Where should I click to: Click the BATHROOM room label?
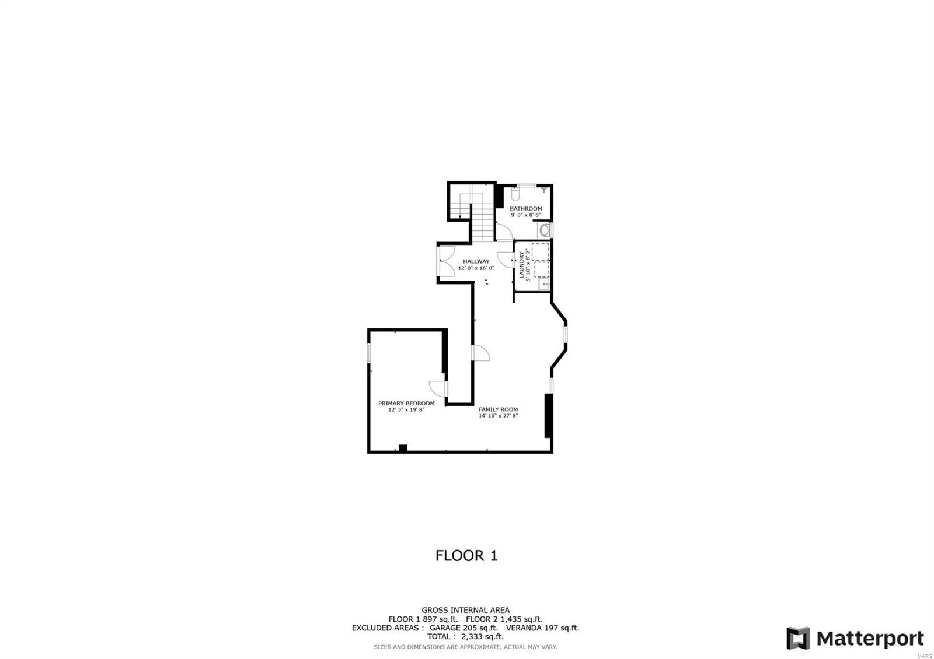tap(525, 208)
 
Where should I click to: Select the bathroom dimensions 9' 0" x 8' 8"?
tap(525, 215)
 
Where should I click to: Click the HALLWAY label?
tap(476, 261)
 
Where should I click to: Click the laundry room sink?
tap(543, 284)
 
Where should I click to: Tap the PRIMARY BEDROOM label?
tap(406, 403)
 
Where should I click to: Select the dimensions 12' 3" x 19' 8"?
tap(406, 410)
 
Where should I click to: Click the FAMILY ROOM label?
tap(498, 409)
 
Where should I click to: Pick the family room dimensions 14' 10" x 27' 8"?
tap(498, 416)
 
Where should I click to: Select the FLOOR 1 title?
tap(466, 556)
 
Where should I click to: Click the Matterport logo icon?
tap(797, 638)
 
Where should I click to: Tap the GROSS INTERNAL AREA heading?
tap(466, 611)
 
